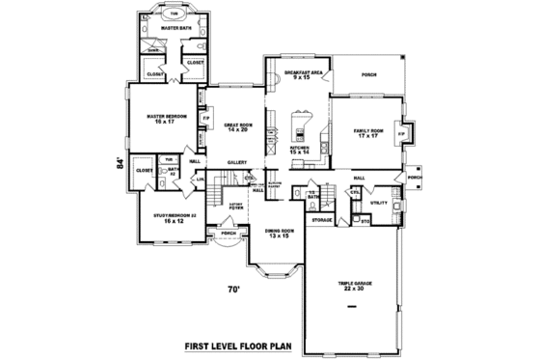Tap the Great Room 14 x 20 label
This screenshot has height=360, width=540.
pyautogui.click(x=237, y=126)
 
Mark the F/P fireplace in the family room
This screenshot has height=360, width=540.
pyautogui.click(x=402, y=133)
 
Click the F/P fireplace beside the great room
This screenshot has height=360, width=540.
pyautogui.click(x=206, y=119)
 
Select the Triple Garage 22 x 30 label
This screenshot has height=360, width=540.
pyautogui.click(x=353, y=286)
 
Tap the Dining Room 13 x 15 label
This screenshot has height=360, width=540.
pyautogui.click(x=279, y=235)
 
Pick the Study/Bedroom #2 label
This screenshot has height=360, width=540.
pyautogui.click(x=175, y=218)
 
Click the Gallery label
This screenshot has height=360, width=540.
pyautogui.click(x=238, y=162)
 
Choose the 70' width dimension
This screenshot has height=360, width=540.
pyautogui.click(x=232, y=289)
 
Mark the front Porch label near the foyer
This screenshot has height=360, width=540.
pyautogui.click(x=228, y=234)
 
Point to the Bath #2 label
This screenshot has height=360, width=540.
pyautogui.click(x=174, y=171)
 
